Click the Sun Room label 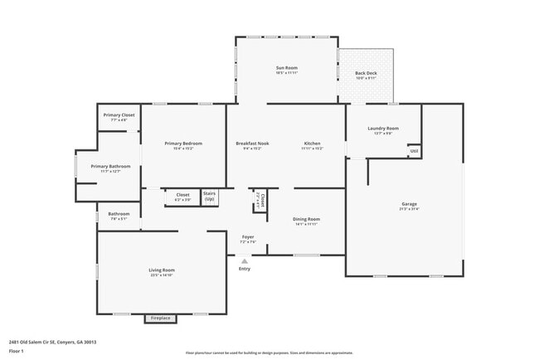tap(287, 67)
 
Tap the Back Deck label tap(366, 73)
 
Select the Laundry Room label tap(383, 128)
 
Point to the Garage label tap(409, 203)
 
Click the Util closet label tap(413, 150)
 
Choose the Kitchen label tap(312, 144)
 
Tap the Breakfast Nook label tap(252, 144)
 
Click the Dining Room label tap(306, 219)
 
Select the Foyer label tap(247, 236)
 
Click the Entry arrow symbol tap(244, 260)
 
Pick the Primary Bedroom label tap(183, 144)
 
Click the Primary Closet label tap(119, 115)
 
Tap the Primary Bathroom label tap(111, 166)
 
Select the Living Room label tap(162, 270)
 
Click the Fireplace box tap(161, 318)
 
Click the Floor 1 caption tap(16, 351)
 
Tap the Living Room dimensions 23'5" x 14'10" tap(162, 275)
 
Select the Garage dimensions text tap(409, 208)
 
